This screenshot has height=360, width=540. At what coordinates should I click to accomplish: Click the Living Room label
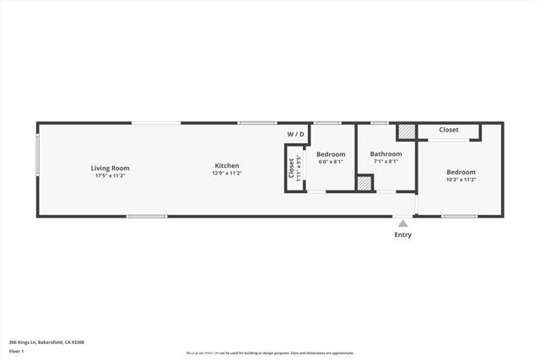pyautogui.click(x=110, y=168)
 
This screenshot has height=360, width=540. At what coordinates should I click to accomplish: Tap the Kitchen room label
pyautogui.click(x=227, y=165)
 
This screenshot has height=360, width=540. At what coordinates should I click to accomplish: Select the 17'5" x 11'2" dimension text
pyautogui.click(x=110, y=175)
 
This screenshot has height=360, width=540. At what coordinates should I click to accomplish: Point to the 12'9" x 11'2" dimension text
pyautogui.click(x=227, y=173)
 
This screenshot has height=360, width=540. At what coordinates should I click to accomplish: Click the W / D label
pyautogui.click(x=295, y=134)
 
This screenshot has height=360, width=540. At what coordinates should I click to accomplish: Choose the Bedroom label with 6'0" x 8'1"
pyautogui.click(x=331, y=154)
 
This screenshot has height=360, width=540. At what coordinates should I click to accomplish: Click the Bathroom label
pyautogui.click(x=386, y=154)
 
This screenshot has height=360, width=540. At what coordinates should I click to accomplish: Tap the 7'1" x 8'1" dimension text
pyautogui.click(x=386, y=162)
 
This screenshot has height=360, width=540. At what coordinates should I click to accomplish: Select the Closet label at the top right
pyautogui.click(x=448, y=130)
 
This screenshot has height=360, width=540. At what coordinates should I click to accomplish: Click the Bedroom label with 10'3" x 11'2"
pyautogui.click(x=461, y=172)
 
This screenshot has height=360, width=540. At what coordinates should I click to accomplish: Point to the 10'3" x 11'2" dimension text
pyautogui.click(x=461, y=180)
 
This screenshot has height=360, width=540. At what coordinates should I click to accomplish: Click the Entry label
pyautogui.click(x=403, y=235)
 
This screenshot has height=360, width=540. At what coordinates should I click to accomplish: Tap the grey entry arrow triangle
pyautogui.click(x=403, y=223)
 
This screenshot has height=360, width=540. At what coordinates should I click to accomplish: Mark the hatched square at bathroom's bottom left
pyautogui.click(x=364, y=182)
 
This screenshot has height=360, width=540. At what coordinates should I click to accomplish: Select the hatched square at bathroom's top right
pyautogui.click(x=407, y=132)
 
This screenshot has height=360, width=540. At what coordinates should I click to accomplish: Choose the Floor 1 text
pyautogui.click(x=16, y=351)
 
